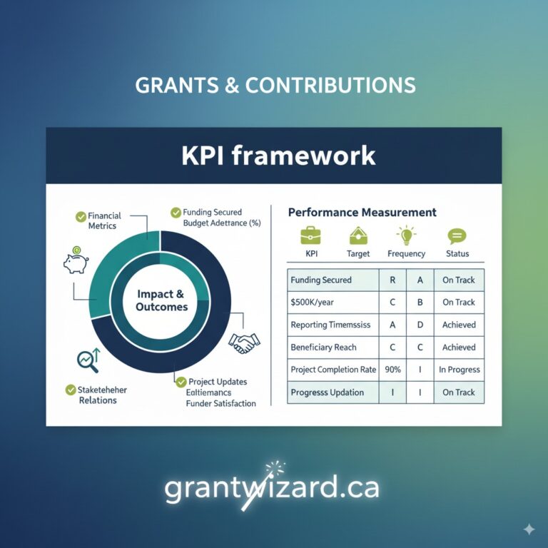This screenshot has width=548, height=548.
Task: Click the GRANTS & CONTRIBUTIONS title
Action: click(x=275, y=85)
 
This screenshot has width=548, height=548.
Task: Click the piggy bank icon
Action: click(x=75, y=260)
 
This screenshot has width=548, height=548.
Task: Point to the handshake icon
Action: click(x=244, y=342)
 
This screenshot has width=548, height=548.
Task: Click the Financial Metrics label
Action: click(x=104, y=220)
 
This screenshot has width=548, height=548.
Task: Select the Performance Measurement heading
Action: click(x=362, y=212)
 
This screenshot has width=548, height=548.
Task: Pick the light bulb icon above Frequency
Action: click(x=406, y=235)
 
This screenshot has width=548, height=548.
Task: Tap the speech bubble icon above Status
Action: click(x=457, y=235)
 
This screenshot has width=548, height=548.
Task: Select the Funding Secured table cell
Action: click(x=321, y=280)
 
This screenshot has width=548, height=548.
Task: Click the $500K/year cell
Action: click(x=313, y=303)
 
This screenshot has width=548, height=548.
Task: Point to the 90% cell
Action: click(x=392, y=370)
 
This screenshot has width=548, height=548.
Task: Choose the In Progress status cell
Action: click(x=459, y=370)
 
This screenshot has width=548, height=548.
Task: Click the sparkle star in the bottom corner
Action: click(x=529, y=529)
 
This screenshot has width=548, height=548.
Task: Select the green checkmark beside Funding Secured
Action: click(x=176, y=213)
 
